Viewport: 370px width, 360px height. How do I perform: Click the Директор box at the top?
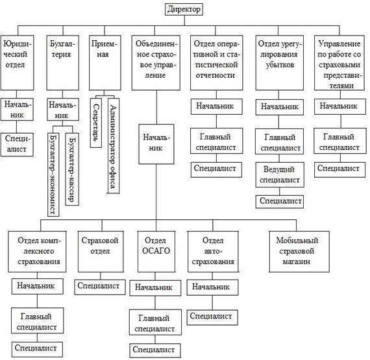[x=184, y=10]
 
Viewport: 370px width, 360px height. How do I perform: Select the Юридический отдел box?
[x=18, y=63]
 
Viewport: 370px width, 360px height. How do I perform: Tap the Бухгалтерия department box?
[x=63, y=63]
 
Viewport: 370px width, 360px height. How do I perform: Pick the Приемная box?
[x=105, y=63]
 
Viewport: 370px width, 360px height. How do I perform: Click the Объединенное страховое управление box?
[x=156, y=63]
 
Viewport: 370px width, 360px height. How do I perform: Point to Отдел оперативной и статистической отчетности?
[x=217, y=63]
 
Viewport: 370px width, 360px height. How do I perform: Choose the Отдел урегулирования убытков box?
[x=280, y=63]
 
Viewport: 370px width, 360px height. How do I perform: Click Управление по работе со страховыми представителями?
[x=339, y=63]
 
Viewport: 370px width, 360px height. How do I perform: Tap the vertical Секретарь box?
[x=96, y=123]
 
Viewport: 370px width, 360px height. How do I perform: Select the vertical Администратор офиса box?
[x=114, y=146]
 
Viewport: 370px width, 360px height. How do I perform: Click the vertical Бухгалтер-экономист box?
[x=53, y=174]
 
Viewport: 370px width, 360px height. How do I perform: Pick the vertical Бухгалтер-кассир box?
[x=72, y=169]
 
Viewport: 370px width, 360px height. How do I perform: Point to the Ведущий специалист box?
[x=280, y=174]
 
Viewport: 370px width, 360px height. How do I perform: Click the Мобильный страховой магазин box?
[x=299, y=252]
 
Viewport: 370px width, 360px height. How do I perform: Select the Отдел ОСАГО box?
[x=156, y=252]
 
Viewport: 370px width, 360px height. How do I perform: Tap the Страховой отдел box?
[x=101, y=252]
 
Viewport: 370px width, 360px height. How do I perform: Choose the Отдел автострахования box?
[x=213, y=252]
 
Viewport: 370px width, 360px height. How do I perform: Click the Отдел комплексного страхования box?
[x=37, y=252]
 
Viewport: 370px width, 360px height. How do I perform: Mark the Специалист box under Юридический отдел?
[x=17, y=145]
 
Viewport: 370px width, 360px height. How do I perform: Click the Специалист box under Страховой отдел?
[x=100, y=287]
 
